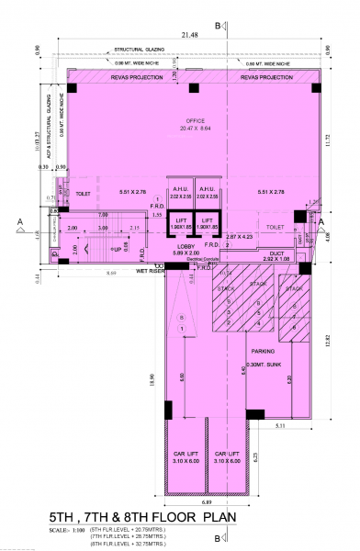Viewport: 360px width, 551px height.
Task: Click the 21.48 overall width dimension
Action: click(x=190, y=34)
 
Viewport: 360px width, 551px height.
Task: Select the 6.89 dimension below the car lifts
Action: click(x=208, y=504)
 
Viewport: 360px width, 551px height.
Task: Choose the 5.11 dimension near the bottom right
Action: click(x=279, y=428)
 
